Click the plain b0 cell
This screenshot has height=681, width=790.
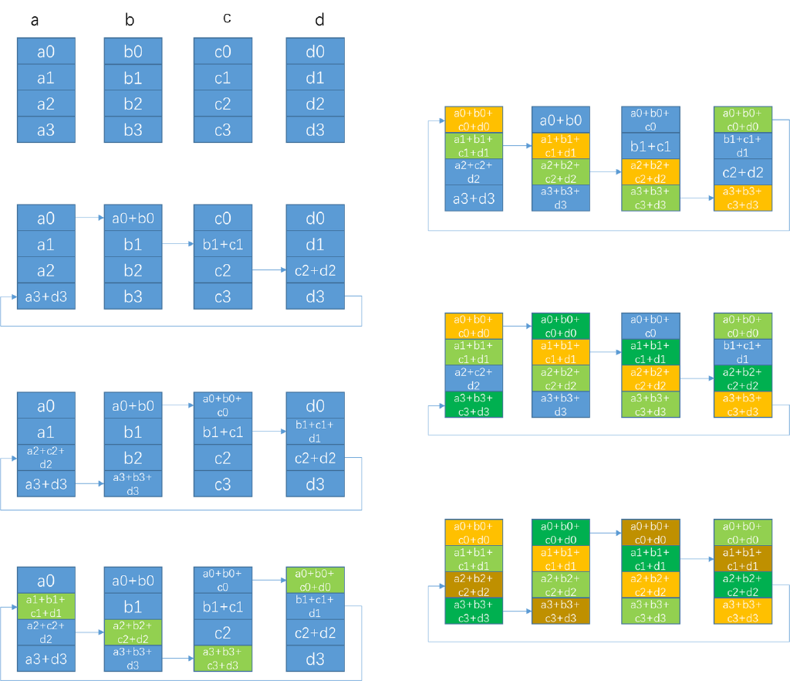[x=133, y=53]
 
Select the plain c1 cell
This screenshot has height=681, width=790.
[x=222, y=78]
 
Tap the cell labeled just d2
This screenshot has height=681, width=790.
[x=315, y=104]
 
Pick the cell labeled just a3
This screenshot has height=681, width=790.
[x=46, y=130]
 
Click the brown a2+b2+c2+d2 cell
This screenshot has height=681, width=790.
[x=474, y=585]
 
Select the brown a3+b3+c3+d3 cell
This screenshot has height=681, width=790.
[x=560, y=612]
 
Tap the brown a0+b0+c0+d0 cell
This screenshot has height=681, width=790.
[x=650, y=532]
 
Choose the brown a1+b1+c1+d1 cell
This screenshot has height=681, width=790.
[x=742, y=559]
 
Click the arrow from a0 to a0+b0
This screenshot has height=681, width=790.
[x=89, y=219]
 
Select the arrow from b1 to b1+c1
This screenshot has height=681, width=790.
[x=177, y=245]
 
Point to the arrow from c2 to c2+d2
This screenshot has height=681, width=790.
[x=268, y=270]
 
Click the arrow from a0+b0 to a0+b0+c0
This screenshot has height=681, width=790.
[x=177, y=405]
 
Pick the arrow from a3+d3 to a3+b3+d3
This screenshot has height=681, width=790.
[x=89, y=484]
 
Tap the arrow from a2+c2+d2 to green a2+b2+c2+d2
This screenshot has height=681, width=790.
[x=89, y=632]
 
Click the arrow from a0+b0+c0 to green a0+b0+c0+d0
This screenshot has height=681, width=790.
[x=268, y=579]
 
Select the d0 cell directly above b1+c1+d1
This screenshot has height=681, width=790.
[x=315, y=405]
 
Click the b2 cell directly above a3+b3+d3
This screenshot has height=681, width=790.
[x=133, y=458]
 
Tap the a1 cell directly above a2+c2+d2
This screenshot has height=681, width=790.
[x=46, y=432]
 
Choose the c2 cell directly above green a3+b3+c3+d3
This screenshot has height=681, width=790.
[x=222, y=633]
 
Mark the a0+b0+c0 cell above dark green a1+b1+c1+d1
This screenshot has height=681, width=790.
[x=650, y=325]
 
